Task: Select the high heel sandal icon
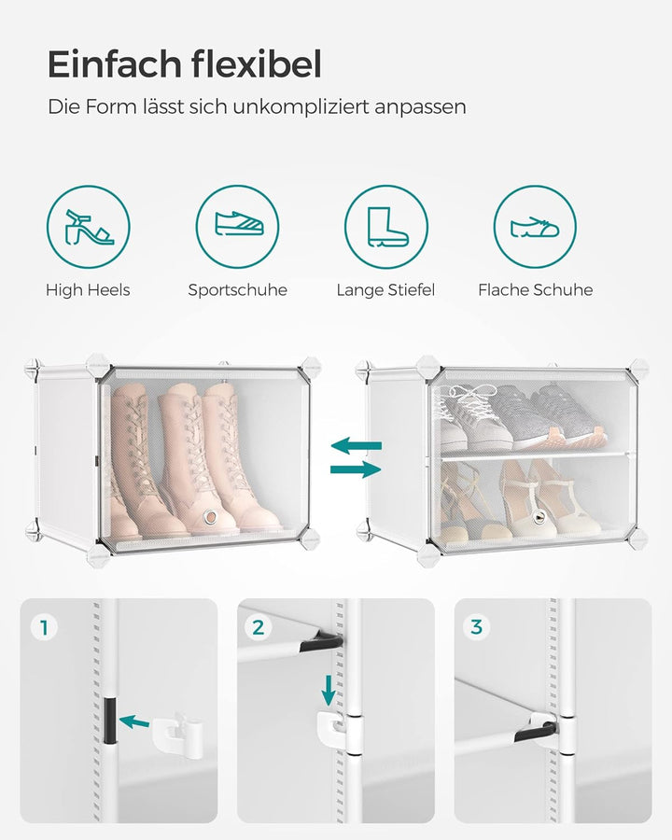tap(89, 227)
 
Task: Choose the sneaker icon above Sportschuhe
tap(237, 227)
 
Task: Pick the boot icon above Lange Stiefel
tap(385, 227)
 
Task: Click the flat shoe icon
tap(535, 227)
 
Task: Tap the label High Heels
tap(88, 290)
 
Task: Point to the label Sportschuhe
tap(237, 290)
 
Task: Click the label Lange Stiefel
tap(385, 290)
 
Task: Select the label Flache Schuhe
tap(535, 290)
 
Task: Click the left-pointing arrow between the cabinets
tap(357, 446)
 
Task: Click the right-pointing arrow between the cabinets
tap(357, 469)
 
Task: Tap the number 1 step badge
tap(43, 627)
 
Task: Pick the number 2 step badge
tap(259, 627)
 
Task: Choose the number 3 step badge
tap(476, 627)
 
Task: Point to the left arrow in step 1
tap(134, 721)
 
